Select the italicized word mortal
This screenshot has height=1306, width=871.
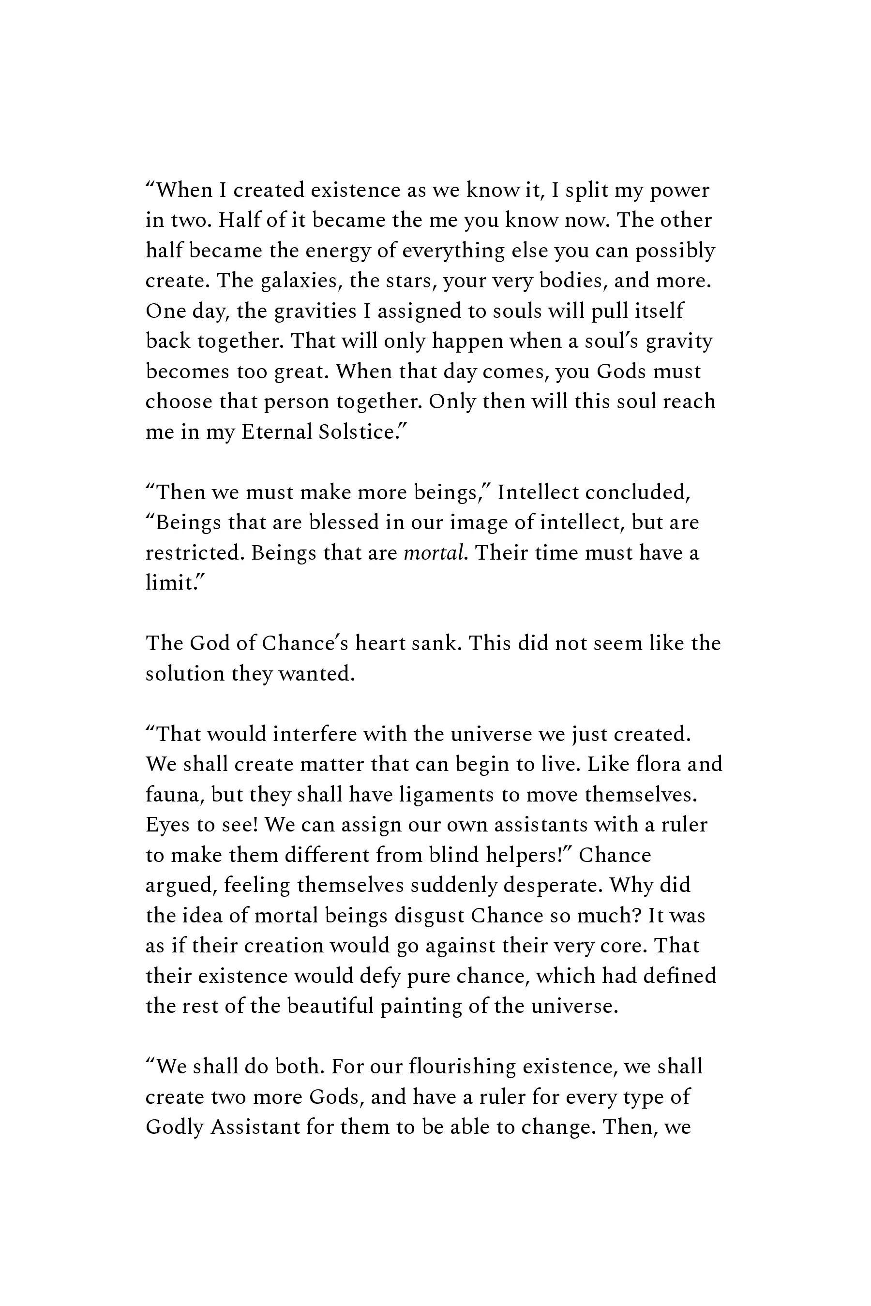point(433,553)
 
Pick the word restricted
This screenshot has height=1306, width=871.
point(194,553)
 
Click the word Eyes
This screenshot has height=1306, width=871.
point(165,825)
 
